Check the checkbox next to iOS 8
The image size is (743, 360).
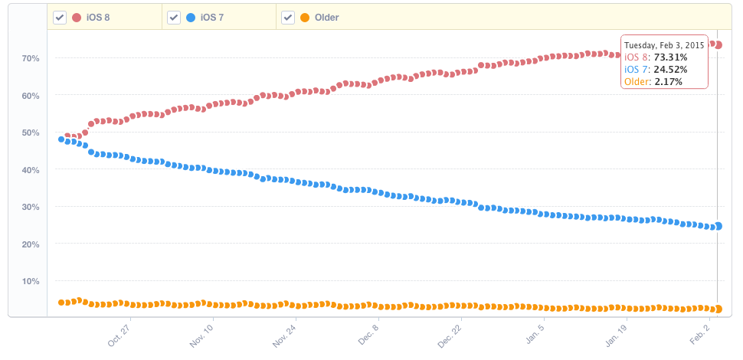tap(59, 18)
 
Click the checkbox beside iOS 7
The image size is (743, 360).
tap(174, 18)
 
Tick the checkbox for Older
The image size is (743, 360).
tap(288, 18)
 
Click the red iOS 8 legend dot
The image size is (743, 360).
tap(77, 18)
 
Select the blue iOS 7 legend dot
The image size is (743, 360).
tap(191, 18)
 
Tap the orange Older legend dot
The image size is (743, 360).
tap(306, 18)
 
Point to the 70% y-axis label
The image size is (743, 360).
tap(31, 58)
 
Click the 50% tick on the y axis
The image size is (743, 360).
tap(31, 133)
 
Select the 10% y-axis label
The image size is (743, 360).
tap(31, 281)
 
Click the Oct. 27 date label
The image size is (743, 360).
tap(120, 334)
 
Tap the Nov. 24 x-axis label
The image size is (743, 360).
tap(285, 334)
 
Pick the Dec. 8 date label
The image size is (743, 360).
tap(369, 334)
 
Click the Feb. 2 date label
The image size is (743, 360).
tap(700, 334)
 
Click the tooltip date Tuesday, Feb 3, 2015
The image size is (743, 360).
tap(664, 45)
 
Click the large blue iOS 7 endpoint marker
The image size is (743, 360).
tap(718, 226)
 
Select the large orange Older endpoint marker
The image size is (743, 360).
tap(718, 309)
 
